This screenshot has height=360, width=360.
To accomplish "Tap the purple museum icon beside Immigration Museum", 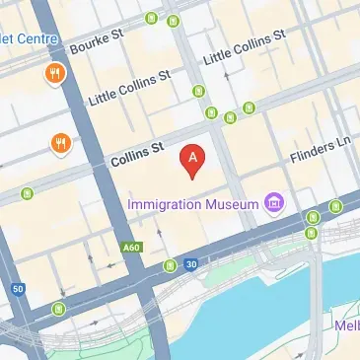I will point(273,205).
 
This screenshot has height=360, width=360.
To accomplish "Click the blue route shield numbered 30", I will point(191,264).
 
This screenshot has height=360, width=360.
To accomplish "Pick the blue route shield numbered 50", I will point(18,288).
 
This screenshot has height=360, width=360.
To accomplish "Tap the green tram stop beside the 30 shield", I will point(170,265).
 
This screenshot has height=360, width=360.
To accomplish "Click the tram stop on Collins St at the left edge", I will point(28,188).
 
